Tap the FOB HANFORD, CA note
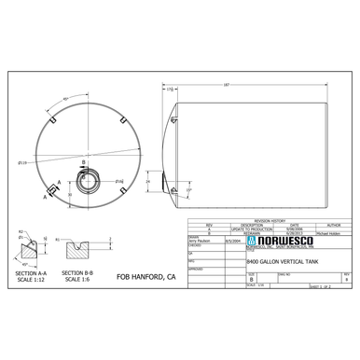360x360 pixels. click(144, 277)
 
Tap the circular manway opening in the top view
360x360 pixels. click(86, 180)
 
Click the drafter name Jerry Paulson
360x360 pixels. click(201, 242)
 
